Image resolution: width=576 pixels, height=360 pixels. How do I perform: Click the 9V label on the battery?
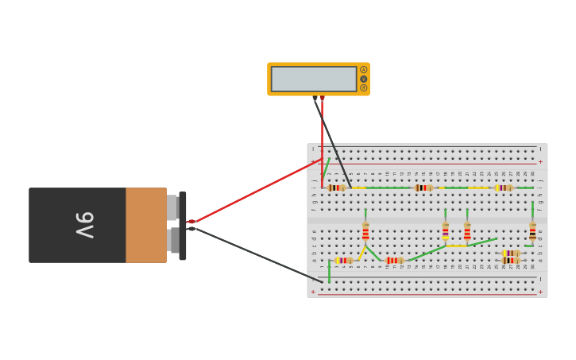(x=84, y=225)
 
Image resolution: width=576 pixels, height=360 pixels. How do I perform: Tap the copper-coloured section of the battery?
(x=145, y=225)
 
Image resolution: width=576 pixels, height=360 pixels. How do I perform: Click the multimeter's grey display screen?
(x=314, y=79)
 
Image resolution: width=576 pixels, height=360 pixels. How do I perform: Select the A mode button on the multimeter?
(x=364, y=70)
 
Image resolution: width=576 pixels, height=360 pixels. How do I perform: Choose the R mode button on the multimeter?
(x=364, y=87)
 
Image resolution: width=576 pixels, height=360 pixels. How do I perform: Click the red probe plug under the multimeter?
(x=322, y=99)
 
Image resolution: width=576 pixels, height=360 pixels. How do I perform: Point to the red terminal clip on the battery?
(x=191, y=222)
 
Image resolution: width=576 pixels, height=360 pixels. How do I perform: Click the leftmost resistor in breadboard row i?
(x=336, y=188)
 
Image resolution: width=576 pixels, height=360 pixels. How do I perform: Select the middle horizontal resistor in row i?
(x=423, y=188)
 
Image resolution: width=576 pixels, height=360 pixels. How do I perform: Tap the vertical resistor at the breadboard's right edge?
(x=532, y=231)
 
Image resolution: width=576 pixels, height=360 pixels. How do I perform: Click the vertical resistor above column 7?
(x=365, y=231)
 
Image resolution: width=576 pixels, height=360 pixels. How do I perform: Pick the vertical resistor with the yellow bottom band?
(x=446, y=231)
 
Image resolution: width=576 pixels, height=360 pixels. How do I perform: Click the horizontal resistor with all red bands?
(x=393, y=260)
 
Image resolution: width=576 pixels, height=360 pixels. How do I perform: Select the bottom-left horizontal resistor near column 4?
(x=343, y=260)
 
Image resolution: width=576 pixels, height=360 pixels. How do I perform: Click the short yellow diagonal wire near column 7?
(x=361, y=253)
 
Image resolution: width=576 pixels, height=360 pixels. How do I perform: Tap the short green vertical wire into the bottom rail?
(x=329, y=272)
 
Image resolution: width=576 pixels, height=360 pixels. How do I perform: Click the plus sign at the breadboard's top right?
(x=540, y=161)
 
